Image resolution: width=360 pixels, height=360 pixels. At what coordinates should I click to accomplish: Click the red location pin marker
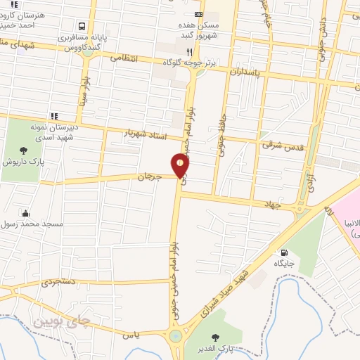[181, 166]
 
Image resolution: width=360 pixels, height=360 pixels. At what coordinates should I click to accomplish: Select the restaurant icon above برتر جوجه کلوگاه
[189, 52]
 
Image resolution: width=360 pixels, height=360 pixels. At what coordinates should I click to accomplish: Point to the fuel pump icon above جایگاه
[284, 253]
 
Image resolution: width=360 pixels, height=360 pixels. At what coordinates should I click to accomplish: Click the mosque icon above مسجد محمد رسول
[26, 213]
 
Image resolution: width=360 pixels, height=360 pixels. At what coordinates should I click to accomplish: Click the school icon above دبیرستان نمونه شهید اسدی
[54, 116]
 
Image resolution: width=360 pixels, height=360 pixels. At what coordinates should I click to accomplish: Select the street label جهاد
[274, 203]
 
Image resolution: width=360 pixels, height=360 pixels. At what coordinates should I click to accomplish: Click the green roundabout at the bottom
[174, 337]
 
